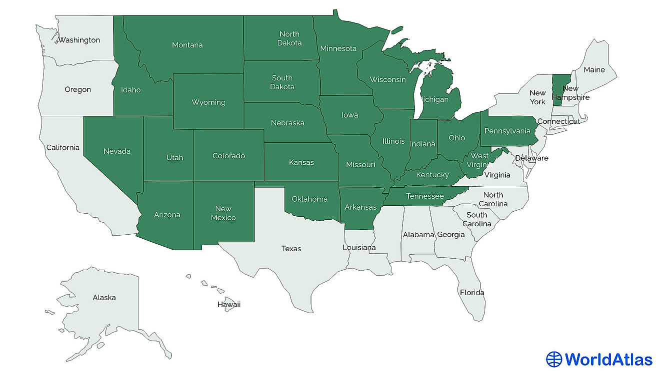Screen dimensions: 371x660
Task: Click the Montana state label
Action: click(187, 45)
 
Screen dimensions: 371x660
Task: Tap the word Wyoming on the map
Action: click(208, 102)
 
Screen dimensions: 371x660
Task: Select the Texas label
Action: click(291, 248)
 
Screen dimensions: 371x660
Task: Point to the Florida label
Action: click(472, 292)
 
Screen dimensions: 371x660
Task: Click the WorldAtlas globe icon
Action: click(554, 360)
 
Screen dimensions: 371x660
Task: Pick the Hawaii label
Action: click(228, 304)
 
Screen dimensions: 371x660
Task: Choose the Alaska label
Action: click(104, 297)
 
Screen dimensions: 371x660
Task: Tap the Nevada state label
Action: click(117, 151)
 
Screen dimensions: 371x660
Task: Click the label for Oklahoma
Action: click(309, 199)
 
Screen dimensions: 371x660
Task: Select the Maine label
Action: click(594, 70)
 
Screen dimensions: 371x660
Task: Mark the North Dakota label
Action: click(290, 38)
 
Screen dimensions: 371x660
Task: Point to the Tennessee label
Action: click(424, 196)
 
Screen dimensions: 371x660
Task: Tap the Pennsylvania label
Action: click(507, 131)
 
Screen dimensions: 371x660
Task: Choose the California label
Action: click(63, 147)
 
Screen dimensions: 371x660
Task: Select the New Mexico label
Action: click(223, 213)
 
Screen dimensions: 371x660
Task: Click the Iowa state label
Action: click(349, 115)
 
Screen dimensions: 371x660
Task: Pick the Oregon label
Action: click(77, 89)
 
